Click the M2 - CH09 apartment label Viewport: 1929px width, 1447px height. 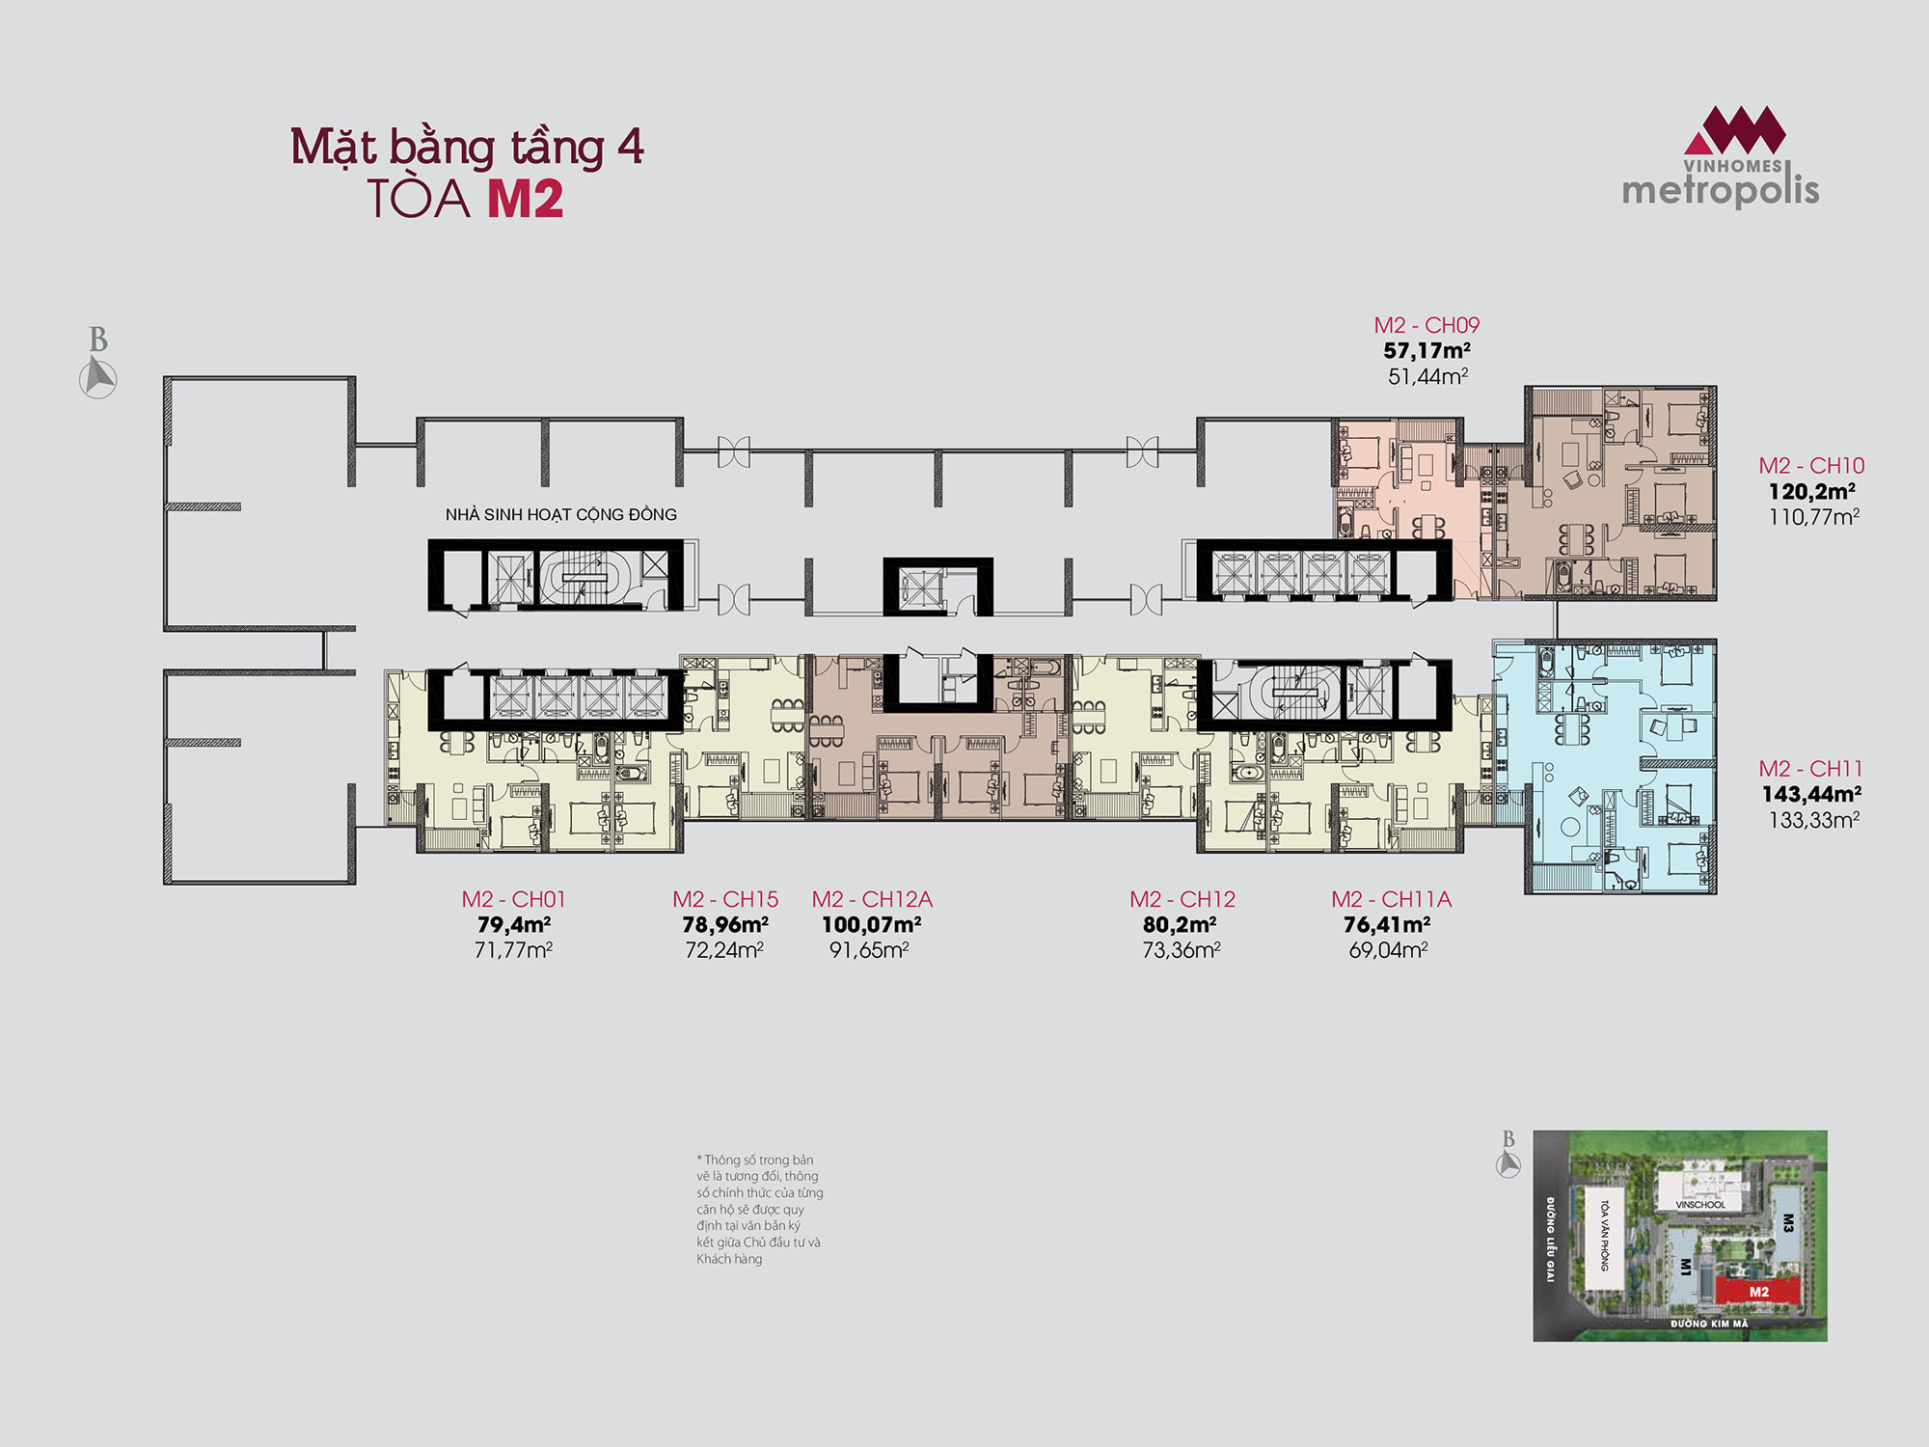tap(1426, 325)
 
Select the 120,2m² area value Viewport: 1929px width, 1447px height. tap(1811, 491)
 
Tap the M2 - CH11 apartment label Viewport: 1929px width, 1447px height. tap(1810, 769)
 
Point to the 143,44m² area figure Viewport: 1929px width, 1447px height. tap(1811, 794)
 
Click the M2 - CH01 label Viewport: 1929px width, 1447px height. tap(513, 899)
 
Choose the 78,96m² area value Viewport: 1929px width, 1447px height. tap(724, 924)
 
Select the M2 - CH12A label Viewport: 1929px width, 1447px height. tap(872, 899)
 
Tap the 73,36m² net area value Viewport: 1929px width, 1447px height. tap(1182, 950)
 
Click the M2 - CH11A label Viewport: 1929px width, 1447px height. tap(1391, 899)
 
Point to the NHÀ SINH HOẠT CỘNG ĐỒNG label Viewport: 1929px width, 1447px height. tap(561, 514)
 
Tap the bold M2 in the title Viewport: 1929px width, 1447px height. tap(525, 199)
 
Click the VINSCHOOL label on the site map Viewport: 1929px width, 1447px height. tap(1700, 1205)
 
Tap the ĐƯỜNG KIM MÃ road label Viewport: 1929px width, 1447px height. tap(1709, 1324)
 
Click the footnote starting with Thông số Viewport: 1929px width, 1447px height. tap(759, 1209)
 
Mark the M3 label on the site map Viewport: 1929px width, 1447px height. tap(1787, 1223)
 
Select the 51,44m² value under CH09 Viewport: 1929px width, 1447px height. tap(1427, 376)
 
